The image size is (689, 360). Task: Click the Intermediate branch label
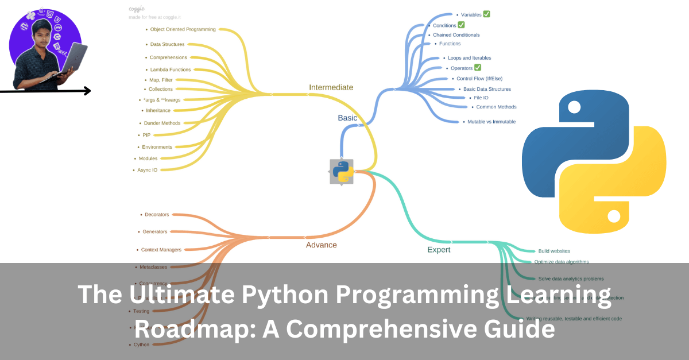331,87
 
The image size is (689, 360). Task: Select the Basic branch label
347,118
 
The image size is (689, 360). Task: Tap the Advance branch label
322,245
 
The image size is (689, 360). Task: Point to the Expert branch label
439,250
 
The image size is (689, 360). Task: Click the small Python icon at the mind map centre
342,172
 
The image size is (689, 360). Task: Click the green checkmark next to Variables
486,14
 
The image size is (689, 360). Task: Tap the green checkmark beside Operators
478,68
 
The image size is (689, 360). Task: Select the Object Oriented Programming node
183,29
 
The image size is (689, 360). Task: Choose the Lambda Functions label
170,69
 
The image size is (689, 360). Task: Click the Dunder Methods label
162,123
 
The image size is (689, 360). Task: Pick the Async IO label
147,170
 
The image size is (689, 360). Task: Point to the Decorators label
157,215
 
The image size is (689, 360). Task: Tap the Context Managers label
161,250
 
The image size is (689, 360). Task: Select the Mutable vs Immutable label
491,122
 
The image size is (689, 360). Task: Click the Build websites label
553,251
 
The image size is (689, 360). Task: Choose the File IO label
481,98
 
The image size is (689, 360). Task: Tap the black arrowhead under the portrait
87,91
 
